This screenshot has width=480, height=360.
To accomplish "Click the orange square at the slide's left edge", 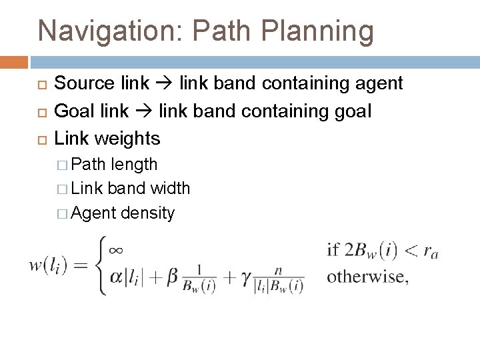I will (x=13, y=63).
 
